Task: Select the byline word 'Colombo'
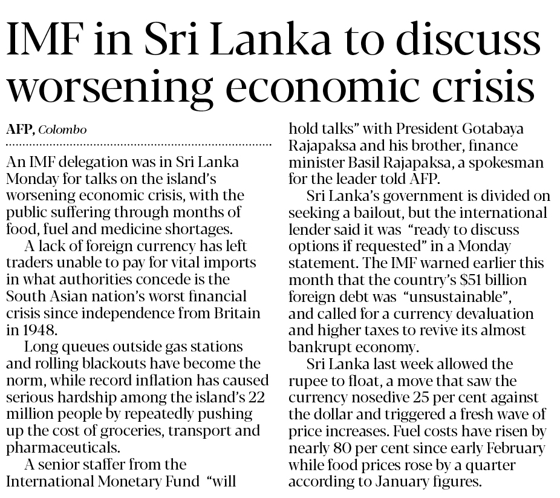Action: pyautogui.click(x=63, y=130)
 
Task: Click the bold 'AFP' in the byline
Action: pyautogui.click(x=19, y=130)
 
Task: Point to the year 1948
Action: pyautogui.click(x=37, y=330)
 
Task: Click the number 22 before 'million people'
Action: pyautogui.click(x=257, y=398)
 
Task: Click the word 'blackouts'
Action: pyautogui.click(x=114, y=364)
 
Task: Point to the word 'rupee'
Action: pyautogui.click(x=307, y=381)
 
